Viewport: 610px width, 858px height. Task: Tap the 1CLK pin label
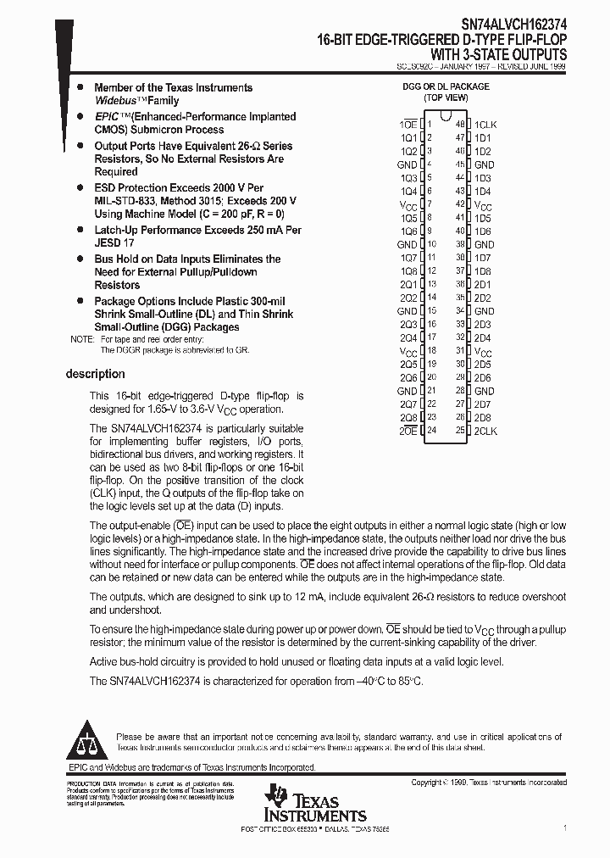coord(485,125)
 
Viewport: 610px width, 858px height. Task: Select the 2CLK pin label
coord(485,432)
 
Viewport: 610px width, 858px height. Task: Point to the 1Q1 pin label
coord(408,137)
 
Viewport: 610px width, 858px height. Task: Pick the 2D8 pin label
coord(483,418)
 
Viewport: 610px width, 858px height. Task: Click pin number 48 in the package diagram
coord(460,124)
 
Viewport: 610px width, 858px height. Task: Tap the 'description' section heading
coord(95,374)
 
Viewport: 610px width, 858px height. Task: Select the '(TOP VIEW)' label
coord(446,97)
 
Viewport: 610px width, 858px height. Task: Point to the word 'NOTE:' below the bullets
coord(82,339)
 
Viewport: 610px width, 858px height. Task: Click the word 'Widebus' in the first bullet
coord(114,101)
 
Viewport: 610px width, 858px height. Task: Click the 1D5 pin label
coord(483,218)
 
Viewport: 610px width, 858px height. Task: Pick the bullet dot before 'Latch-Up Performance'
coord(80,230)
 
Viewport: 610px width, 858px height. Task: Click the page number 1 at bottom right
coord(564,826)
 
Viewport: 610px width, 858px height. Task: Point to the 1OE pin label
coord(408,125)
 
